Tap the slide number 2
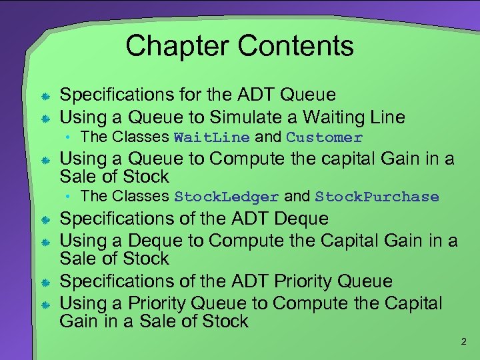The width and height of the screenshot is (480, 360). point(464,342)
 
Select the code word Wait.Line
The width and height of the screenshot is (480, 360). point(211,138)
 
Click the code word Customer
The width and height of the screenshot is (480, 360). point(324,138)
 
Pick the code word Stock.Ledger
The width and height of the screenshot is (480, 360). point(226,197)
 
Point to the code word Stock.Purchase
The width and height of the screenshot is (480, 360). point(377,197)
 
